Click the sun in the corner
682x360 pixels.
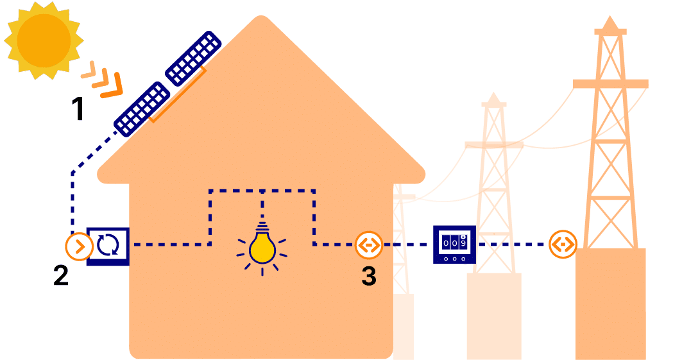coord(43,40)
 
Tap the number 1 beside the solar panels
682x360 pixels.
coord(77,109)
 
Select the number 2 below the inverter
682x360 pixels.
coord(60,275)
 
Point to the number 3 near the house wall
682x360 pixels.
coord(369,275)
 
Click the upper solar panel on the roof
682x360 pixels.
coord(193,58)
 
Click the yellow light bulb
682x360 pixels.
coord(262,246)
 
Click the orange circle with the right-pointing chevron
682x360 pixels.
coord(79,246)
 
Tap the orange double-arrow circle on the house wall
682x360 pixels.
coord(369,244)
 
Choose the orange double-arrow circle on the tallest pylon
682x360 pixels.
coord(563,244)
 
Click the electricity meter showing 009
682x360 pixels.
coord(454,244)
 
